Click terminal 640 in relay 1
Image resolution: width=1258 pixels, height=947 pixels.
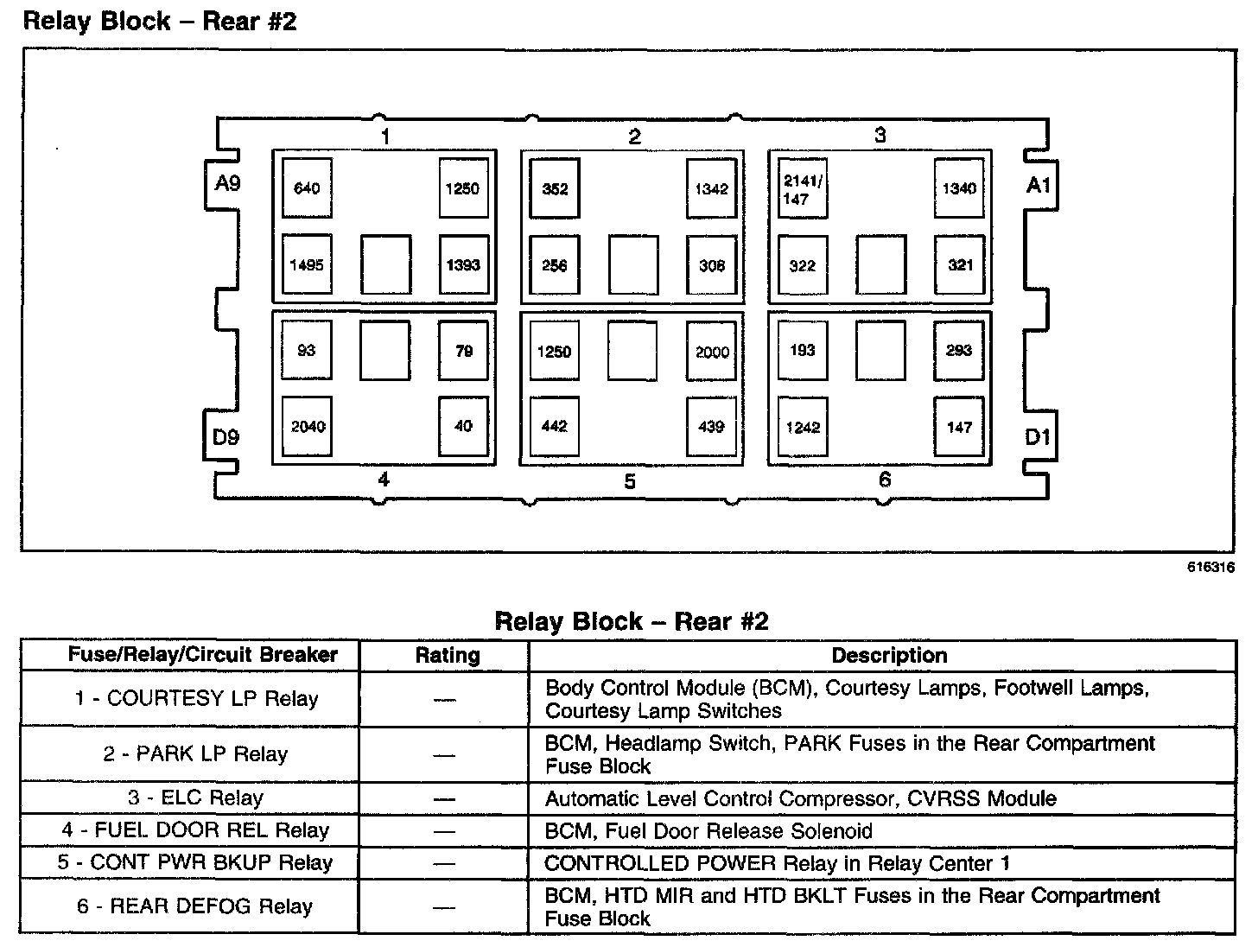click(307, 187)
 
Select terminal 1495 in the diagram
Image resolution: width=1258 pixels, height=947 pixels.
click(307, 264)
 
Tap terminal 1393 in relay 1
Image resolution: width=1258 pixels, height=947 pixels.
click(463, 264)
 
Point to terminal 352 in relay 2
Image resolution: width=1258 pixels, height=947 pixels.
click(555, 188)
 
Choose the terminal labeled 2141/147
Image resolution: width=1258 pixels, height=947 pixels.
click(803, 188)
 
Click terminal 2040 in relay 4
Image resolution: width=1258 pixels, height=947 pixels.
click(308, 426)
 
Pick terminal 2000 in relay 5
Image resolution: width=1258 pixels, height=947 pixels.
click(712, 352)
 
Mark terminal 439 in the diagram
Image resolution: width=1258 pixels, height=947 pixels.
click(711, 426)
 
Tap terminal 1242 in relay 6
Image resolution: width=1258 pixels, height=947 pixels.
click(803, 427)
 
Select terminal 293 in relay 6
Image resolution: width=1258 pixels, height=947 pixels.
click(959, 350)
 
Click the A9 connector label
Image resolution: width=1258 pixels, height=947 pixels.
click(227, 183)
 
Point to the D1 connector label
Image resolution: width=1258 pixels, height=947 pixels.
click(1037, 437)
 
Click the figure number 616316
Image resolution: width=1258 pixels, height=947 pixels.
click(1210, 568)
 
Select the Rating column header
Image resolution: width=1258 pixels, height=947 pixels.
click(447, 655)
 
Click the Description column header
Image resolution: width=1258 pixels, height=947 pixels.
click(889, 655)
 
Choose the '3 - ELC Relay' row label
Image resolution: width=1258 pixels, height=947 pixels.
click(195, 798)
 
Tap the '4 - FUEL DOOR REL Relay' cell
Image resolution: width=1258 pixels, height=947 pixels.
click(195, 830)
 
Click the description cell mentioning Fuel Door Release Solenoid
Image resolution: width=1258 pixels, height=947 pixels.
click(708, 830)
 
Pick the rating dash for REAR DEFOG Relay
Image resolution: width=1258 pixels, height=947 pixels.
click(444, 906)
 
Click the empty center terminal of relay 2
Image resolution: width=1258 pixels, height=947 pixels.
click(633, 265)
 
